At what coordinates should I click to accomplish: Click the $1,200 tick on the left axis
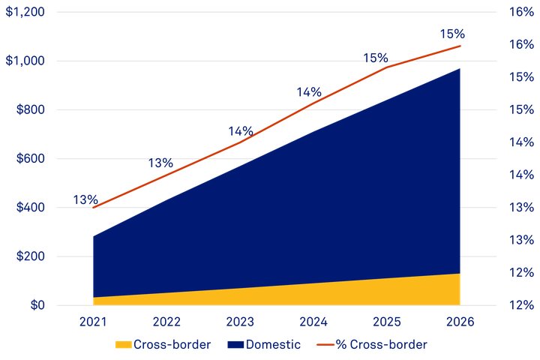pyautogui.click(x=25, y=12)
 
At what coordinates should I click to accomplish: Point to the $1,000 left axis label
pyautogui.click(x=25, y=61)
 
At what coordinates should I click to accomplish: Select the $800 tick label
pyautogui.click(x=29, y=109)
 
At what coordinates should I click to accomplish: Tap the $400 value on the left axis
pyautogui.click(x=29, y=208)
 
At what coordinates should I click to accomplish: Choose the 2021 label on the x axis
pyautogui.click(x=94, y=322)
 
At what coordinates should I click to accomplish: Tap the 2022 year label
pyautogui.click(x=166, y=322)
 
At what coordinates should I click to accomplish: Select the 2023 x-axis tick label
pyautogui.click(x=240, y=322)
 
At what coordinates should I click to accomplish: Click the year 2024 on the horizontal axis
pyautogui.click(x=313, y=322)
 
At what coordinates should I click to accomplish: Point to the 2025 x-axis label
pyautogui.click(x=386, y=322)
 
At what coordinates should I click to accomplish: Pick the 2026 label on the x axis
pyautogui.click(x=460, y=322)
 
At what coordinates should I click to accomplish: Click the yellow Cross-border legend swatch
pyautogui.click(x=123, y=345)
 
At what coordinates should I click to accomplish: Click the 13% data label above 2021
pyautogui.click(x=85, y=199)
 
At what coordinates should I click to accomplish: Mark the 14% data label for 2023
pyautogui.click(x=241, y=131)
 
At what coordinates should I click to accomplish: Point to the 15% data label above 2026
pyautogui.click(x=453, y=34)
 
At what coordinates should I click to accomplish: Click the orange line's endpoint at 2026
pyautogui.click(x=460, y=46)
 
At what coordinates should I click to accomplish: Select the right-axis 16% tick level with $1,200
pyautogui.click(x=520, y=12)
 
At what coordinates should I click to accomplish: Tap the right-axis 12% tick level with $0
pyautogui.click(x=520, y=305)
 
